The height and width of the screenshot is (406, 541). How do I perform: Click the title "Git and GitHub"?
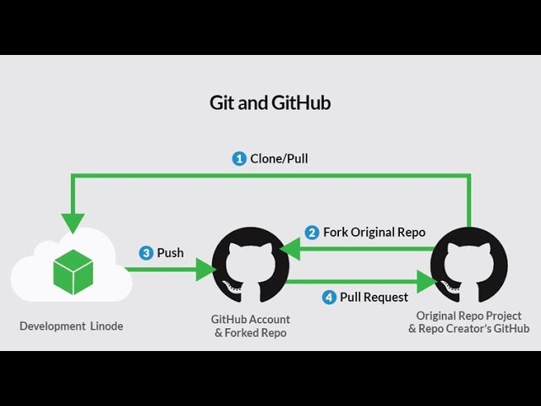tap(270, 103)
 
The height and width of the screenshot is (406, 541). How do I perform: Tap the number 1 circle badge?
tap(239, 158)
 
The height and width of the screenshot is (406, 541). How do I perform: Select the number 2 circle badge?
tap(312, 232)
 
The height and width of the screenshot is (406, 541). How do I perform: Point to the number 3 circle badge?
tap(145, 253)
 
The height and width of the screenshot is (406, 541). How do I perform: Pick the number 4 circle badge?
tap(329, 297)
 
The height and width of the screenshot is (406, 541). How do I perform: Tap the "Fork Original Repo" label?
tap(374, 232)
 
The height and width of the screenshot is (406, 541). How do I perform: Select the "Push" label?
tap(170, 253)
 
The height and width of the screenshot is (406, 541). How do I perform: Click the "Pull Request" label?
tap(374, 297)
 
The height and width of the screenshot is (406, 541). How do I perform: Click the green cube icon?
tap(73, 272)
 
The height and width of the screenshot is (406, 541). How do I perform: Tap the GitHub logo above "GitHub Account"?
tap(250, 265)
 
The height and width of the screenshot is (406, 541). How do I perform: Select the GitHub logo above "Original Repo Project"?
tap(468, 265)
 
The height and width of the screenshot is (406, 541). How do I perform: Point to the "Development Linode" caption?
tap(72, 326)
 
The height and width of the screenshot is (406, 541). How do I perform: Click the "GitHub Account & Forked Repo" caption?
tap(250, 326)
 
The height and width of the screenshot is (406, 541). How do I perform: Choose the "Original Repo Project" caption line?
tap(468, 316)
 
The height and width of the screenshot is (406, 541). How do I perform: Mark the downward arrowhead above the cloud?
tap(74, 222)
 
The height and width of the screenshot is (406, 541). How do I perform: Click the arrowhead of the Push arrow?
tap(205, 270)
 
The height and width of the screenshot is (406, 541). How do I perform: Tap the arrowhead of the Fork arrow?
tap(291, 248)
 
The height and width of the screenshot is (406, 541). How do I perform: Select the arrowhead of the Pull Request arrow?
tap(427, 281)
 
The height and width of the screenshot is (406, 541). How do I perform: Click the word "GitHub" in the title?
tap(302, 103)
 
